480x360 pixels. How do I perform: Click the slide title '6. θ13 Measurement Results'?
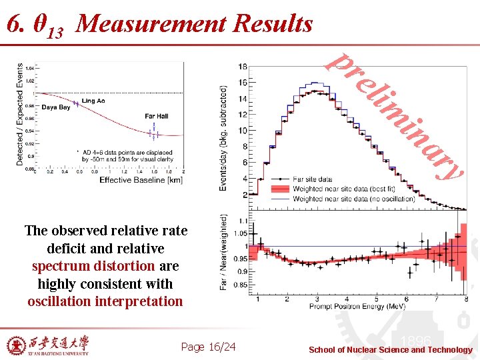coord(159,25)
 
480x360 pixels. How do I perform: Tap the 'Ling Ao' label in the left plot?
coord(93,101)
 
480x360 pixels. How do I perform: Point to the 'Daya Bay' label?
coord(56,107)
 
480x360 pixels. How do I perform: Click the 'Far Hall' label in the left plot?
coord(156,116)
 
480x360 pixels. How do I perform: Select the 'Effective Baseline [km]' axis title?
coord(140,180)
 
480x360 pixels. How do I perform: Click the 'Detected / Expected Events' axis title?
coord(20,115)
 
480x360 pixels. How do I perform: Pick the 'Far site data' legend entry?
coord(312,179)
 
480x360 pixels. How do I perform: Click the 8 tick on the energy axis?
coord(465,299)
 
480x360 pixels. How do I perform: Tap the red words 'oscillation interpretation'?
coord(105,301)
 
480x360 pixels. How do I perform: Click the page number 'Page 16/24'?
coord(208,347)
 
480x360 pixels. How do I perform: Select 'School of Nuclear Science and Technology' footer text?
coord(390,350)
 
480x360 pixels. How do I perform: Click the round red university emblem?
coord(14,345)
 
